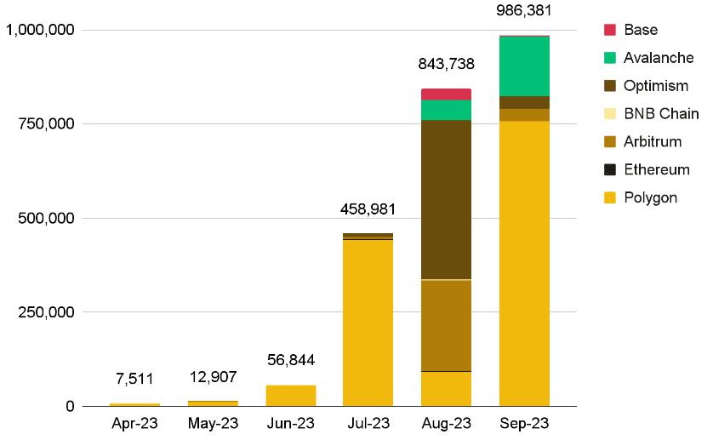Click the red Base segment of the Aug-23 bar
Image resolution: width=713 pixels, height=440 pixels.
446,94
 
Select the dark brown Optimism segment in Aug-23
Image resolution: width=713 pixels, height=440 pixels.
446,199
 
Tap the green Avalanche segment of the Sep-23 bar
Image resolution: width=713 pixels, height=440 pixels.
524,66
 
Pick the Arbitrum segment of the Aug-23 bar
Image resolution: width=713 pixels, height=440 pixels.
446,325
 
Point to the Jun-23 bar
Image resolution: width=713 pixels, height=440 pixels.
290,396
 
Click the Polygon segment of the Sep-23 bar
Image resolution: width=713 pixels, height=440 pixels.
524,263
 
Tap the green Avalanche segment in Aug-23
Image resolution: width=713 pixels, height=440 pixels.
446,110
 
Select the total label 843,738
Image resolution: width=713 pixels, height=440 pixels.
446,64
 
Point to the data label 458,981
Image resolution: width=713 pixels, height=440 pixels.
368,209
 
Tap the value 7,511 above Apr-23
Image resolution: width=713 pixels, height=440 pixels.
134,379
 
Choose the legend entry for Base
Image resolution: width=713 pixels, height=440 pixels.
640,30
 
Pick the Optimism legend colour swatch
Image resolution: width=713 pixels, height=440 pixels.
609,86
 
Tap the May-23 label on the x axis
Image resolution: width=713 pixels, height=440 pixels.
212,423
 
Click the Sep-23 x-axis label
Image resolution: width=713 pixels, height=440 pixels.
524,423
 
